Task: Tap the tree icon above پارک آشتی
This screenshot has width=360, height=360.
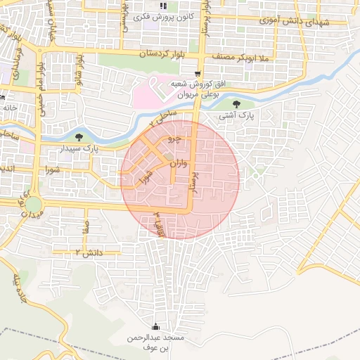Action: pos(245,104)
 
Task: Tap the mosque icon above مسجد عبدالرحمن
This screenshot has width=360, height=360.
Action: pos(155,328)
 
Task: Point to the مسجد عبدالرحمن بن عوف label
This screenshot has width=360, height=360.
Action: pos(155,342)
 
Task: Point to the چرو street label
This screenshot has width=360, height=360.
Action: pos(173,140)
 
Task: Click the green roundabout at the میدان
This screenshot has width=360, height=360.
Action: pos(34,205)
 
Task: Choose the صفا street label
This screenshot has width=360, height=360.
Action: pos(85,227)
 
